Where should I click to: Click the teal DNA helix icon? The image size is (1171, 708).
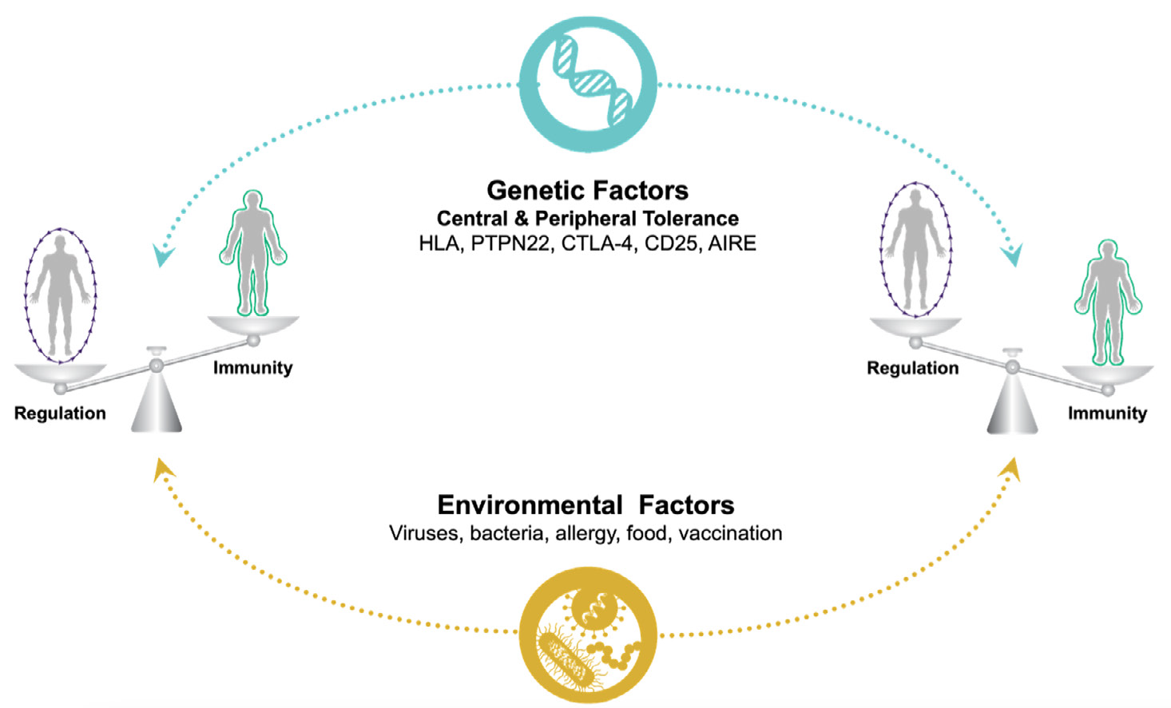(588, 84)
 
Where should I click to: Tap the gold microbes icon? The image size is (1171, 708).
(588, 635)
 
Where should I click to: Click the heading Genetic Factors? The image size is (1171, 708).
(587, 190)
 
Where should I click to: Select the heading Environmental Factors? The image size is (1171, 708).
(585, 504)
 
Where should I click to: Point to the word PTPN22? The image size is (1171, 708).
(510, 243)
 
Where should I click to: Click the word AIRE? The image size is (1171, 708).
(732, 243)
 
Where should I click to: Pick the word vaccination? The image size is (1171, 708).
(730, 533)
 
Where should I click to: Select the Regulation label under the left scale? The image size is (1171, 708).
(60, 413)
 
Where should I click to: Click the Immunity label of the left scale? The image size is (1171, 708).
(252, 367)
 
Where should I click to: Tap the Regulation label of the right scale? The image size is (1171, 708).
(912, 368)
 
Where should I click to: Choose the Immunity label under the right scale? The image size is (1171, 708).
(1107, 413)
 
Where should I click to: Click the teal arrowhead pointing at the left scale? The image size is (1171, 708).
(164, 256)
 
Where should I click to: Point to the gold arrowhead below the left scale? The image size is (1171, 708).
(164, 469)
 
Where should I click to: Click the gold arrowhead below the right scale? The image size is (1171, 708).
(1012, 469)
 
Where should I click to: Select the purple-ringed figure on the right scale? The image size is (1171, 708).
(915, 248)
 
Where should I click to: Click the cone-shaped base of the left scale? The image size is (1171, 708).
(157, 403)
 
